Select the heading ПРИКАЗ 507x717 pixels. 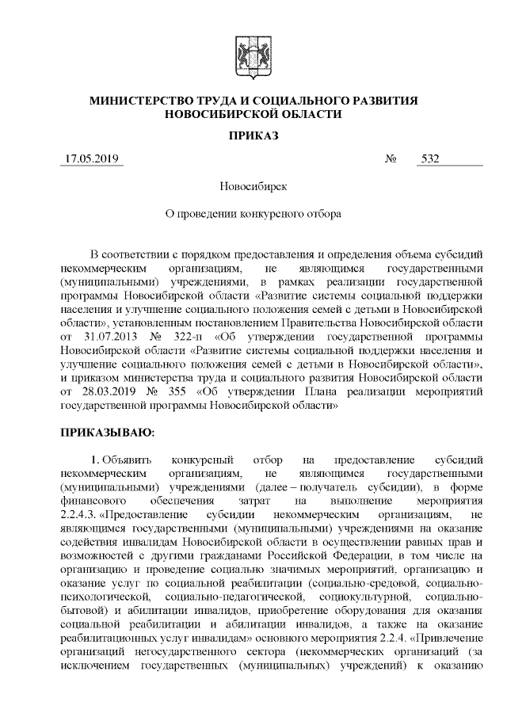click(253, 135)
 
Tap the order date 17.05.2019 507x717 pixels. click(93, 158)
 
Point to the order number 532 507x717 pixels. click(431, 158)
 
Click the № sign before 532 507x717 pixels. click(391, 158)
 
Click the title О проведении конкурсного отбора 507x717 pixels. click(253, 213)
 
